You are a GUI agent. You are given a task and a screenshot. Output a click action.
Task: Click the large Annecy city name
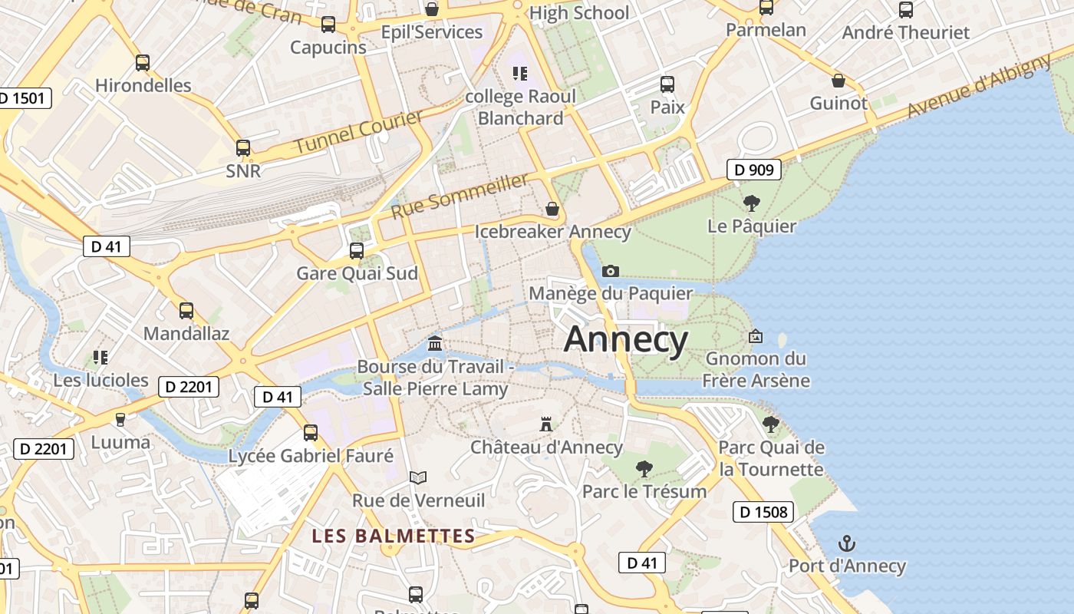[626, 339]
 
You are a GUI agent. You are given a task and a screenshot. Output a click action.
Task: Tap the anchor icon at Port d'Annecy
[846, 544]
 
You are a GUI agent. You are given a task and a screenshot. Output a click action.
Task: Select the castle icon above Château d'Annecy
[546, 424]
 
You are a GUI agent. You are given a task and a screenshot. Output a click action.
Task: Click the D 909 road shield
[754, 170]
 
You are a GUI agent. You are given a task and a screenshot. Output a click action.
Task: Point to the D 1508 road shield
[763, 512]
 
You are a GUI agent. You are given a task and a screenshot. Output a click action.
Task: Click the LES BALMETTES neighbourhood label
[394, 536]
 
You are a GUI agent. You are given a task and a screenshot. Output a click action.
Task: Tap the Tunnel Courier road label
[359, 131]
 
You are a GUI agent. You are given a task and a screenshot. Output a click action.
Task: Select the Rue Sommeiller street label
[460, 196]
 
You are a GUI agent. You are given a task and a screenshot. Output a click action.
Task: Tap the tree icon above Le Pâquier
[751, 203]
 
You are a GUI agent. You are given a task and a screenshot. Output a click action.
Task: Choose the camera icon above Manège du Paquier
[611, 271]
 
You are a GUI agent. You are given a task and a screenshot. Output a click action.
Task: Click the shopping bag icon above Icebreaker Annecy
[552, 209]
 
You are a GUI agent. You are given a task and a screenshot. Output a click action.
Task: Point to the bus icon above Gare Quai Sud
[356, 250]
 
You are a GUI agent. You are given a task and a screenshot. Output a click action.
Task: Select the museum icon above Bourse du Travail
[435, 342]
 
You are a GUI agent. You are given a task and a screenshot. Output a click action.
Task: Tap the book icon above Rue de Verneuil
[417, 478]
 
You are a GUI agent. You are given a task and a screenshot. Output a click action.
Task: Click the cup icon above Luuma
[120, 419]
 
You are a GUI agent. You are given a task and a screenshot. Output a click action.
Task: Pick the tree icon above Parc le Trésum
[644, 468]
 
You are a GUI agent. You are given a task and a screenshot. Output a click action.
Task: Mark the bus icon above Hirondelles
[143, 63]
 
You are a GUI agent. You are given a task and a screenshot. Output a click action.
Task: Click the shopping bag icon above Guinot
[838, 81]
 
